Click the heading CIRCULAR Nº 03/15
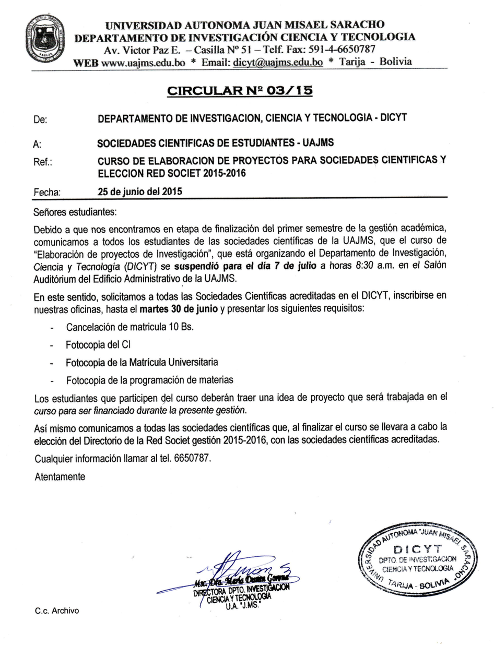click(240, 91)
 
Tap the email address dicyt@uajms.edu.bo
click(278, 62)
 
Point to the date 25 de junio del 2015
click(140, 192)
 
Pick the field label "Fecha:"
click(46, 192)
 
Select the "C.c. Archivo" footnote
click(57, 611)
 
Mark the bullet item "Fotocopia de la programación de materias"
click(149, 379)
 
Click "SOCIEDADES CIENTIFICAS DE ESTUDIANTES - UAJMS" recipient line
click(216, 142)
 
